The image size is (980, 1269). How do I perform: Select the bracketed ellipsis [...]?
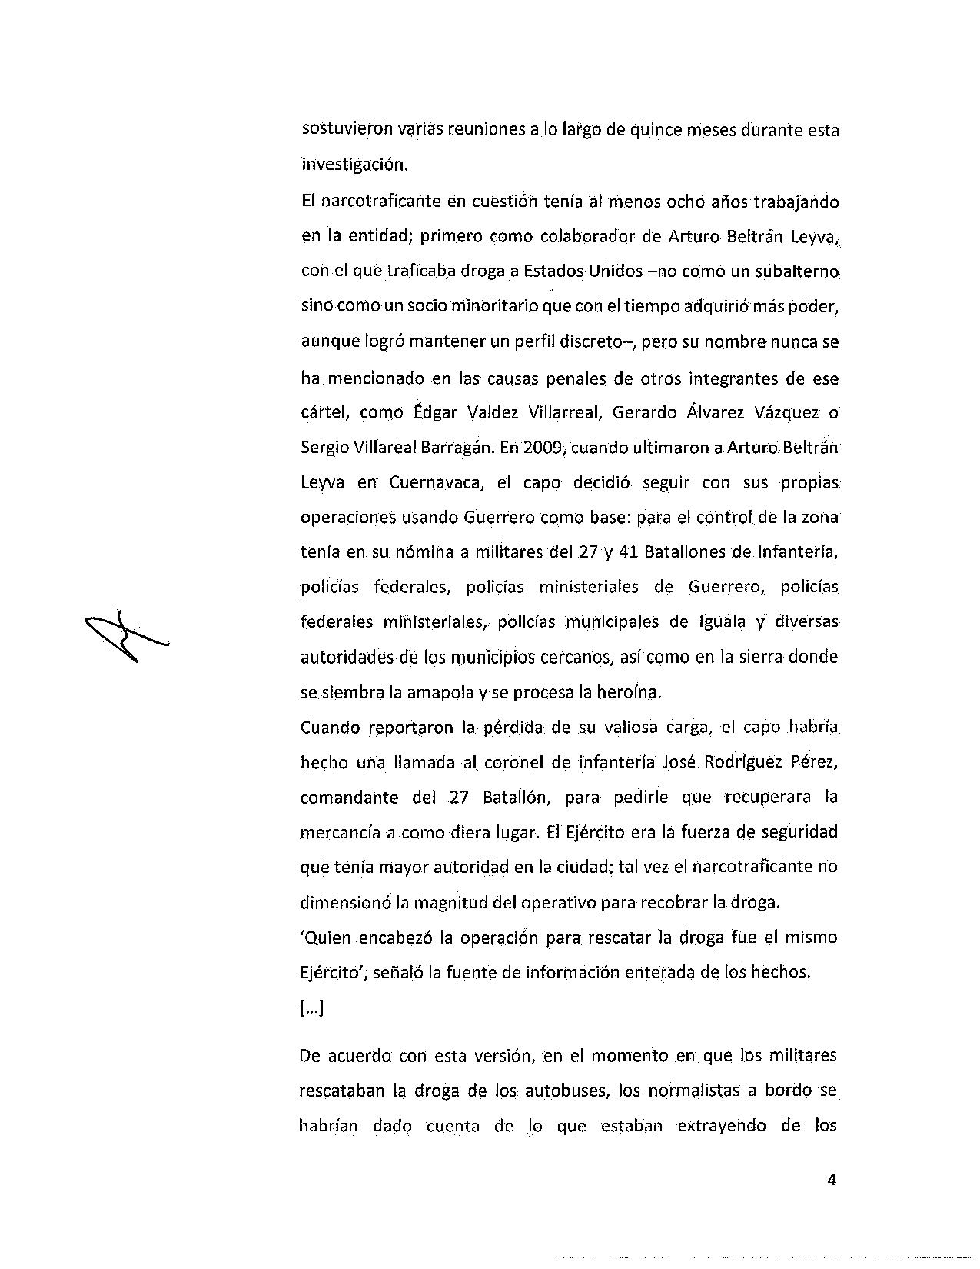[311, 1008]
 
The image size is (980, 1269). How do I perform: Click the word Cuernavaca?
[435, 483]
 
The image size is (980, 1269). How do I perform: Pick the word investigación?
[352, 164]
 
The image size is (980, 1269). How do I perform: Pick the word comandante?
[349, 797]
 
